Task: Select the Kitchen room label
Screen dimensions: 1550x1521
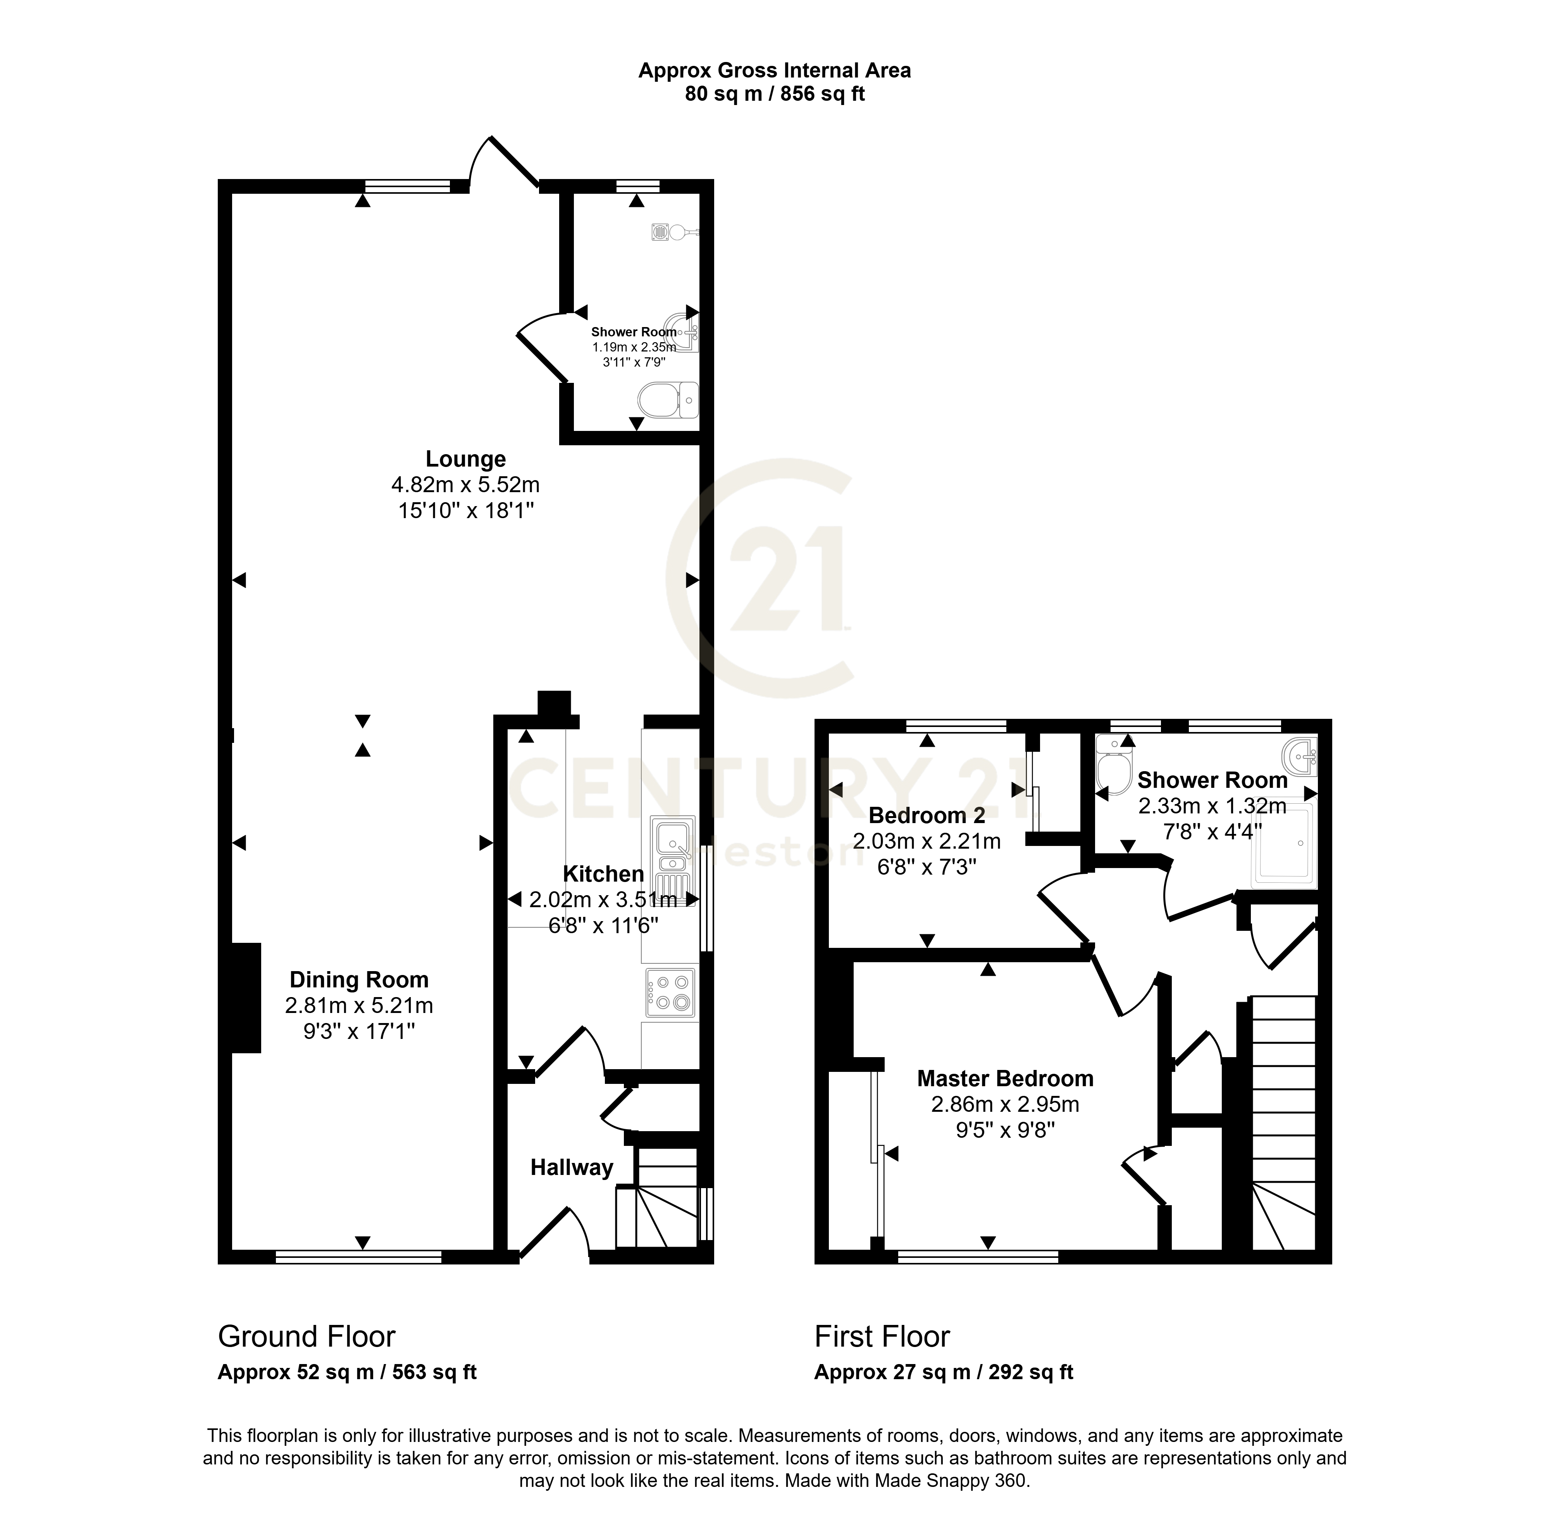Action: point(603,874)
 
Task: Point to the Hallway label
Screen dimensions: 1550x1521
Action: point(571,1168)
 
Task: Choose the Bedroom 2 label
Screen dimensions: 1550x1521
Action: point(927,816)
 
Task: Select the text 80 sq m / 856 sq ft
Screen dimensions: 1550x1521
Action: point(774,94)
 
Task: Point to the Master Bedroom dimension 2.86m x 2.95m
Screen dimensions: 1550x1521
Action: point(1005,1105)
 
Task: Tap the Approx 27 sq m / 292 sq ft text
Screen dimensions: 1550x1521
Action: point(944,1373)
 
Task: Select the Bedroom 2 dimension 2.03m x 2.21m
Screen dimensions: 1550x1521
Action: point(927,841)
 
